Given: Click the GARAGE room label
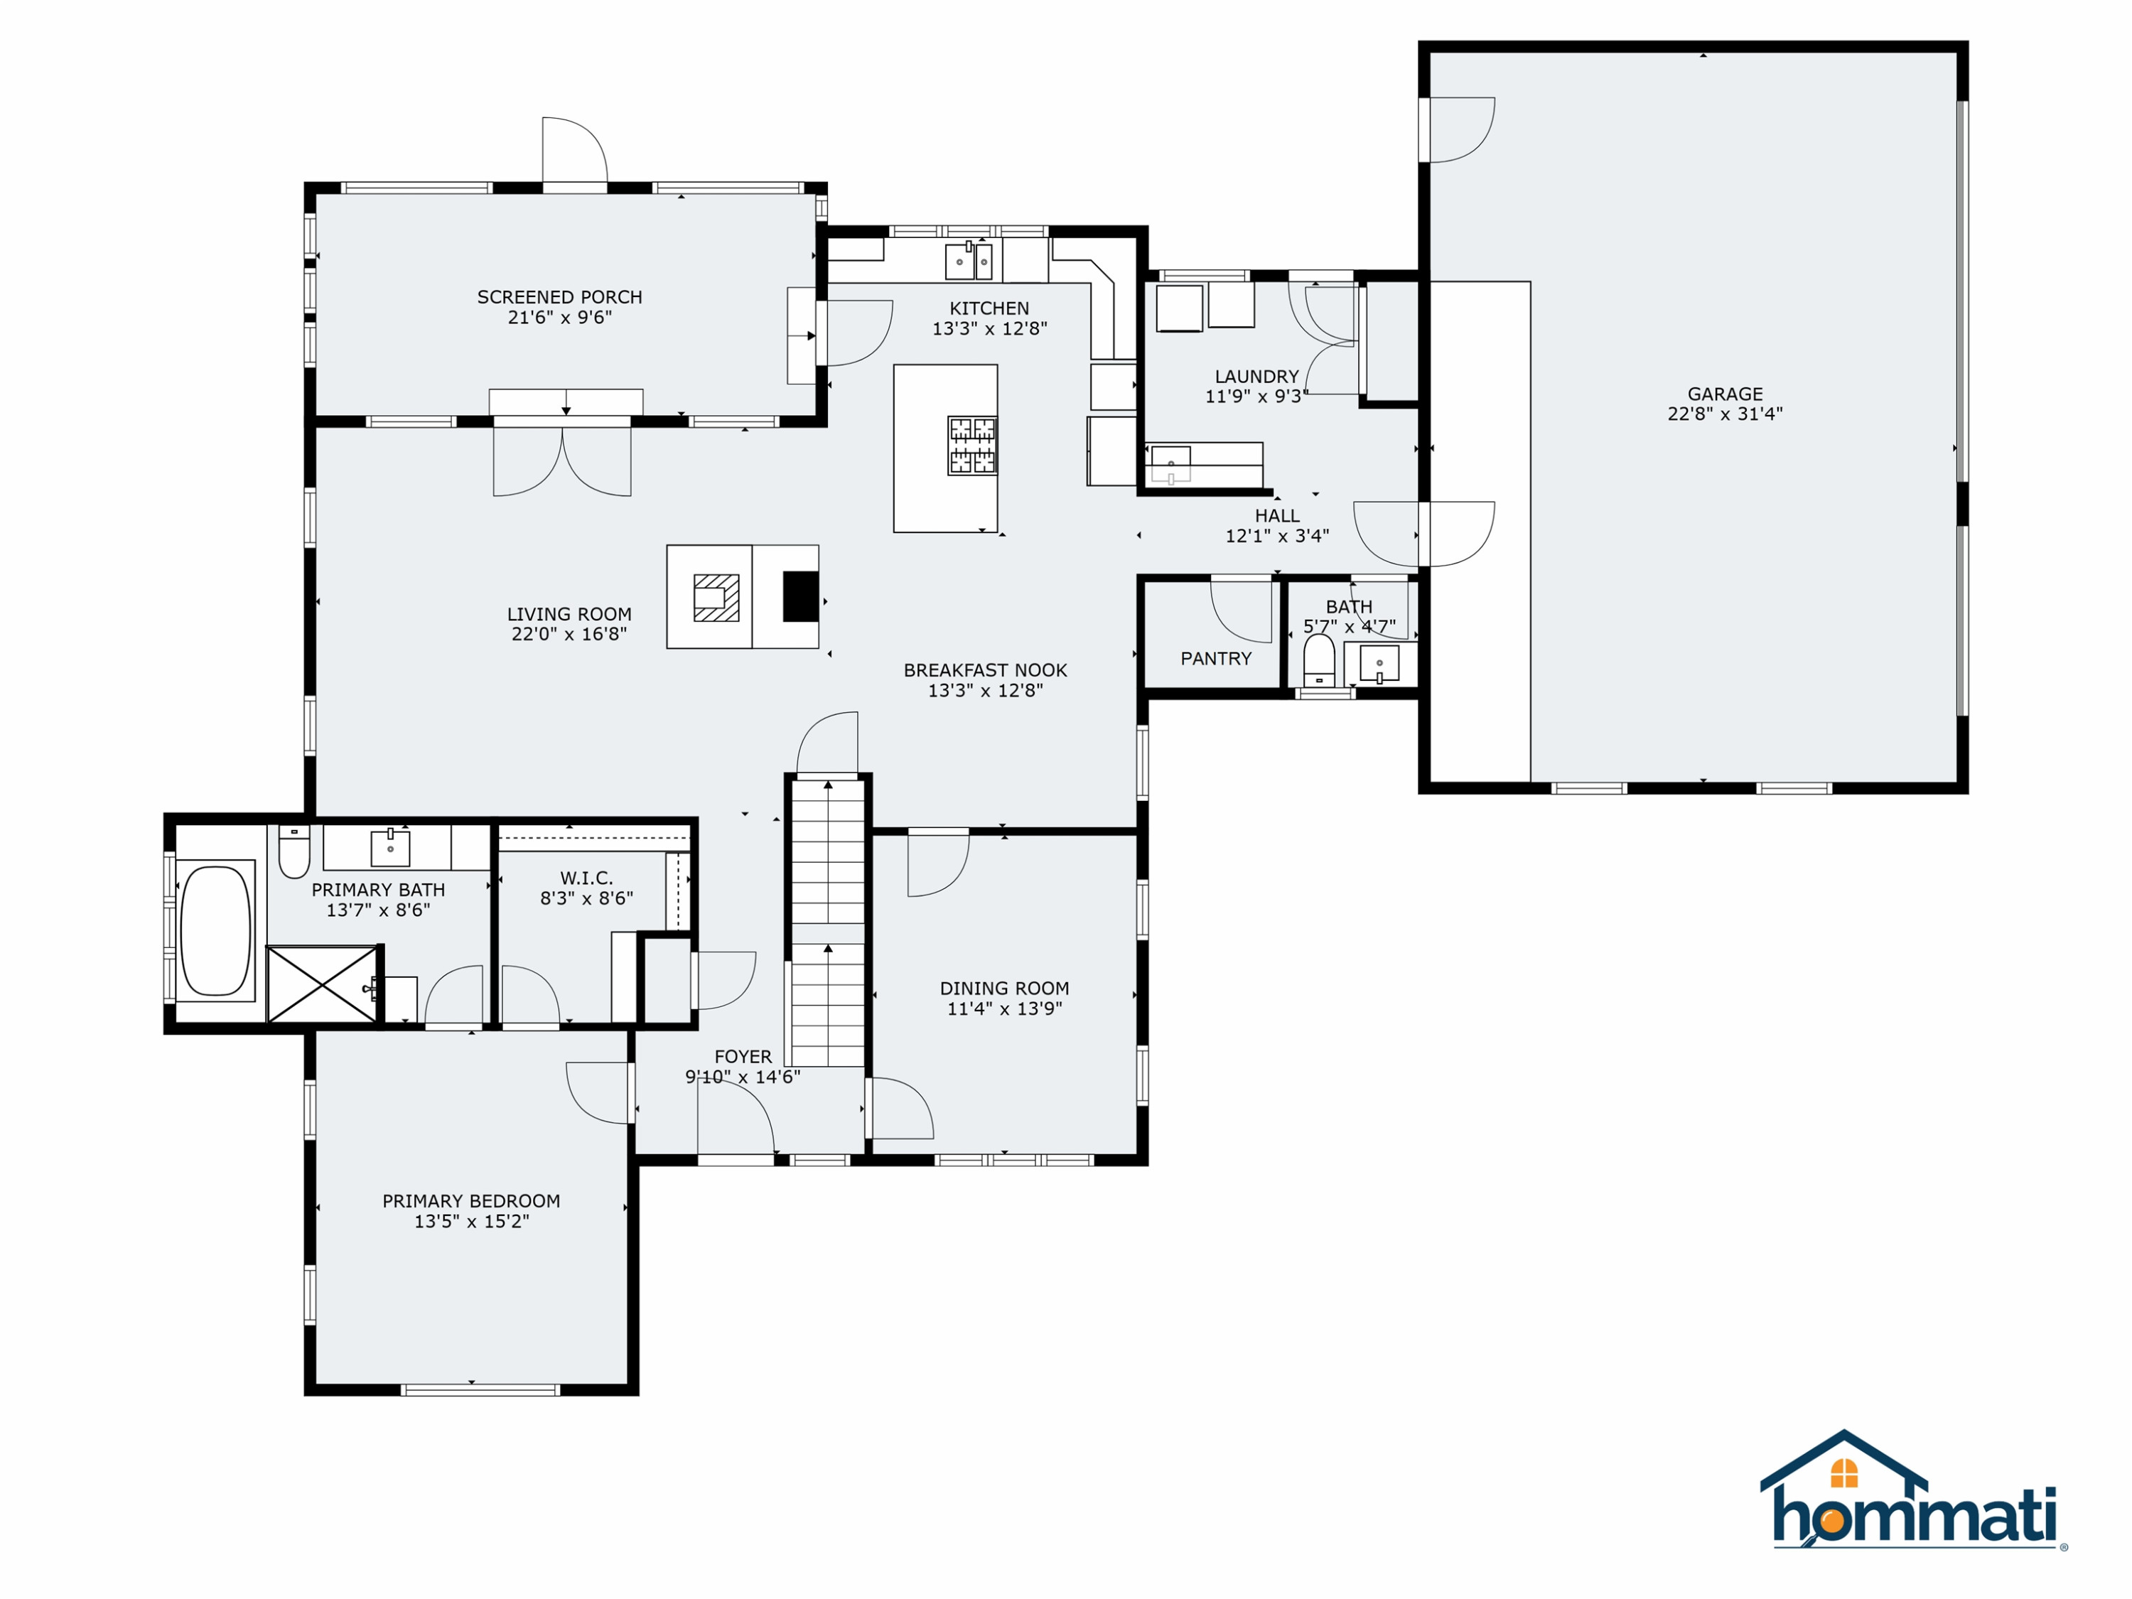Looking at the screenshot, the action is point(1725,393).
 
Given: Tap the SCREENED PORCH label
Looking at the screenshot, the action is point(559,297).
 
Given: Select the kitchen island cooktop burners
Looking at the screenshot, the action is point(971,446).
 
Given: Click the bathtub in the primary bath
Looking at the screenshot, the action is point(216,930).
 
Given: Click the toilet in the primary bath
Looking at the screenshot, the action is point(294,851).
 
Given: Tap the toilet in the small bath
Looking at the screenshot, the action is point(1318,661).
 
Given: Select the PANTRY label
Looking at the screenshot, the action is point(1217,658).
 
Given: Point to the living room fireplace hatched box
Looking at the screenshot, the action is point(716,598).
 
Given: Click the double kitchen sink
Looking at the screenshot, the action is point(969,259).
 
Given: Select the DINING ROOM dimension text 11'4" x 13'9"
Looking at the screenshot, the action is point(1004,1008).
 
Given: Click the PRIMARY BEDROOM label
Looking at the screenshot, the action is point(471,1201).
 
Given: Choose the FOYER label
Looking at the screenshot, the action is point(743,1056).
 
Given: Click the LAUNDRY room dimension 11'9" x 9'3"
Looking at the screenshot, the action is point(1257,396).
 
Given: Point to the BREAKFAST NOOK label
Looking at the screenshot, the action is point(985,670).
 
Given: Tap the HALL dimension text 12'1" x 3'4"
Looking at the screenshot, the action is point(1277,536).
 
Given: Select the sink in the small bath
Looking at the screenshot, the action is point(1379,663).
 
